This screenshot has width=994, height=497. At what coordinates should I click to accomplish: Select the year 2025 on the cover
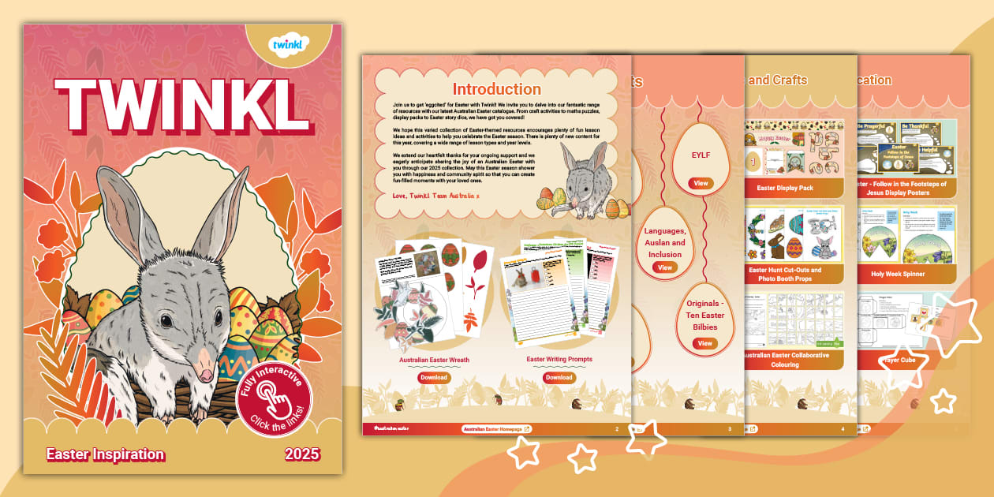(303, 454)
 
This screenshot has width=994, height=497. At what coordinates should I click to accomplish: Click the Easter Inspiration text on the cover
(105, 454)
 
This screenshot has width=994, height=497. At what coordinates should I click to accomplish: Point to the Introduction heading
(496, 89)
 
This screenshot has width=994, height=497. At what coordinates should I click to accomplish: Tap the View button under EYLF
(701, 183)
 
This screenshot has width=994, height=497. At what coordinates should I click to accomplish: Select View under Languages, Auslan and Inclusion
(665, 267)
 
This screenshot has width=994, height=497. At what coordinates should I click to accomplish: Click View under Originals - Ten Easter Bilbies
(704, 343)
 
